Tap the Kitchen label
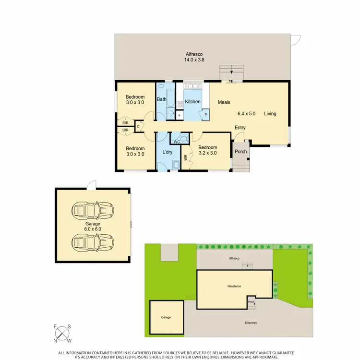192,102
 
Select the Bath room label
161,100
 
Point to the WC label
176,142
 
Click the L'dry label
168,152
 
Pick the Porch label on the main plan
240,152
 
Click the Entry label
240,127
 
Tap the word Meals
224,102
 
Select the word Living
270,114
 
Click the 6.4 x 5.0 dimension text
247,114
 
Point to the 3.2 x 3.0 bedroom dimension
208,154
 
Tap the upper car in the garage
93,210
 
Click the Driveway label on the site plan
251,323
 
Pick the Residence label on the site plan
234,286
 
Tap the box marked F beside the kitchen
180,115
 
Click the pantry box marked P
205,115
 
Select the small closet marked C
138,127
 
